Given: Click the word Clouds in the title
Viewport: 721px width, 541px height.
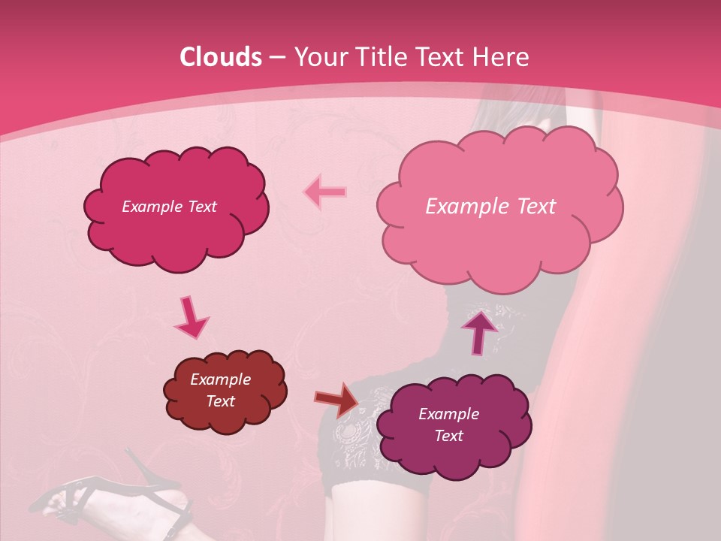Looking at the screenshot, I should coord(220,57).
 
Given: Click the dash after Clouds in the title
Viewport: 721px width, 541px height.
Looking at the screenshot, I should coord(276,58).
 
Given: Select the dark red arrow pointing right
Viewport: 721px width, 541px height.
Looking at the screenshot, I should coord(337,398).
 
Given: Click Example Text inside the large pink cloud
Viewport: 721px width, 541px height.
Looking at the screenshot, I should coord(490,207).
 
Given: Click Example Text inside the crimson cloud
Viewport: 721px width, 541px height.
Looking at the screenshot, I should coord(169,207).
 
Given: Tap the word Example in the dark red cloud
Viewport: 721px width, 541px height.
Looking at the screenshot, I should coord(220,379).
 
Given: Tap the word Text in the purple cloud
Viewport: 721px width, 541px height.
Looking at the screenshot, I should coord(448,436).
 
